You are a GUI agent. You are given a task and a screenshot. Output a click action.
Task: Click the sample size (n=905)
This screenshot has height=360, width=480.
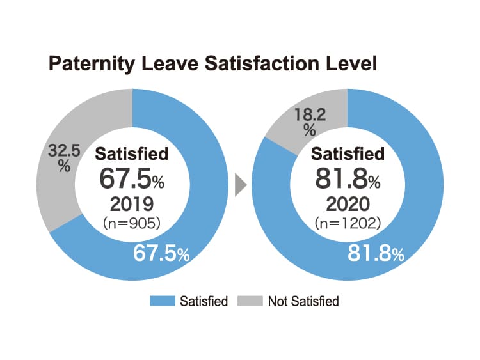[x=132, y=224]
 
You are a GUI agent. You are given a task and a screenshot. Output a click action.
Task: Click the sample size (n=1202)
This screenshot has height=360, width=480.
[x=348, y=224]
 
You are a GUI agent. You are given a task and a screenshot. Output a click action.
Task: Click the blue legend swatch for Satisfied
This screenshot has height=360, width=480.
[x=163, y=301]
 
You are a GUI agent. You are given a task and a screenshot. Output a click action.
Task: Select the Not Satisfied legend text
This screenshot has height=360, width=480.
[x=303, y=301]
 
